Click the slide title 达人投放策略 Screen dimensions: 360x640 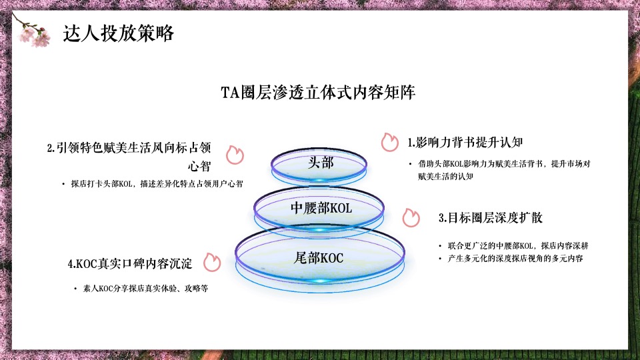tap(118, 33)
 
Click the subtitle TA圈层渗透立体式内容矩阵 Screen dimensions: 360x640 tap(319, 93)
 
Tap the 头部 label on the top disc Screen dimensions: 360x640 tap(321, 163)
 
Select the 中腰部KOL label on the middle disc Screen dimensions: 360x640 tap(321, 208)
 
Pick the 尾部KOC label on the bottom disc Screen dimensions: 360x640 tap(319, 257)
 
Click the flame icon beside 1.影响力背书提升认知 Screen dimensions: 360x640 tap(389, 142)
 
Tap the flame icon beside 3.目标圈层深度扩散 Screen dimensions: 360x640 tap(411, 218)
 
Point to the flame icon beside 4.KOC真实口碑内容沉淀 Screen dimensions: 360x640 tap(212, 263)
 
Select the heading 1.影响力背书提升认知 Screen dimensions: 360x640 tap(465, 142)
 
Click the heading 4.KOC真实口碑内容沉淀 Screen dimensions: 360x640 tap(130, 264)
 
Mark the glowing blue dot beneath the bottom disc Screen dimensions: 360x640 tap(320, 281)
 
